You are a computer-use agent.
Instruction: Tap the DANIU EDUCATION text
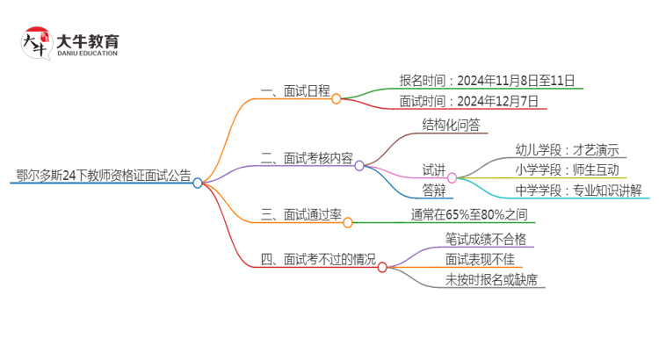click(x=88, y=52)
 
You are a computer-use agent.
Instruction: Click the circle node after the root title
click(x=198, y=183)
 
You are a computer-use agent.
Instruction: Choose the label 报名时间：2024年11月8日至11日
click(x=487, y=81)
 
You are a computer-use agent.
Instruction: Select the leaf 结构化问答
click(x=451, y=125)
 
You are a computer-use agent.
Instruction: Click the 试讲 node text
click(x=434, y=169)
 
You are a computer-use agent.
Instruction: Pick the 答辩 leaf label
click(x=434, y=190)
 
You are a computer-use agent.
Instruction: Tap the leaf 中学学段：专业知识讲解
click(x=582, y=190)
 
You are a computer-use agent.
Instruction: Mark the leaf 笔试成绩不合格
click(x=486, y=238)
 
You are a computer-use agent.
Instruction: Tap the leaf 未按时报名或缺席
click(x=491, y=280)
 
